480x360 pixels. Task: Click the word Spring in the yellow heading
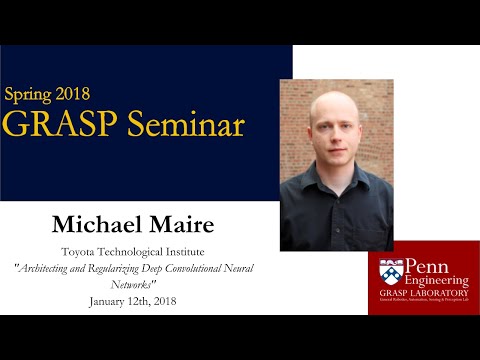click(x=32, y=96)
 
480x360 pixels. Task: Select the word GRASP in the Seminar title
click(x=50, y=125)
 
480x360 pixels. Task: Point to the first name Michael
click(x=95, y=221)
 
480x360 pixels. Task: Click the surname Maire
click(x=177, y=221)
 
